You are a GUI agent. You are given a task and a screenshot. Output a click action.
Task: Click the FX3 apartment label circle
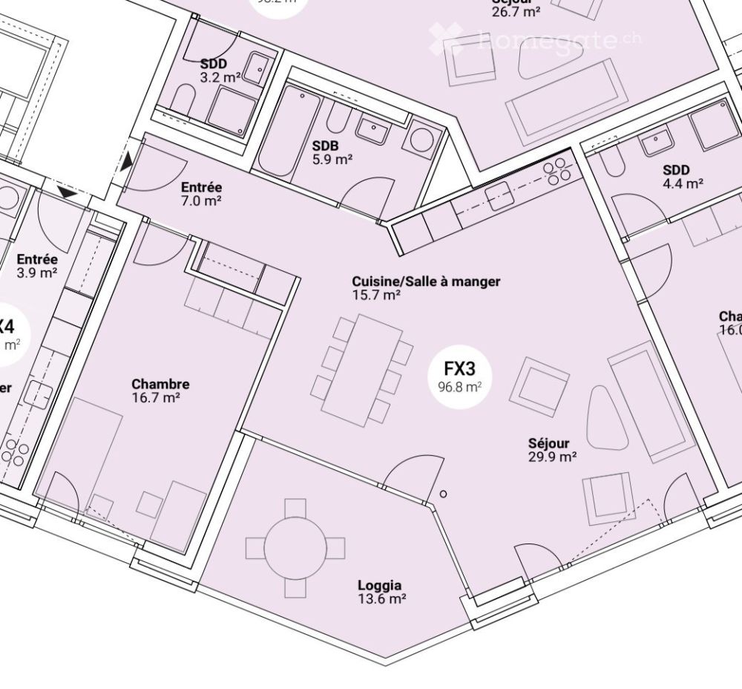tap(459, 376)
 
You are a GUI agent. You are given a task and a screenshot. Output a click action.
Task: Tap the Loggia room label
tap(381, 592)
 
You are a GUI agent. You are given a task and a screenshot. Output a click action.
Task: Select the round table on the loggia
tap(295, 548)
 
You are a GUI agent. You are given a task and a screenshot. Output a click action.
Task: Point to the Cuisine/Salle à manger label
tap(425, 287)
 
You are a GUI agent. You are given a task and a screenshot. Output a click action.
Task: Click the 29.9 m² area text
tap(553, 457)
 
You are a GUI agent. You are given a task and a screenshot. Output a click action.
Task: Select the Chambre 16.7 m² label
tap(160, 391)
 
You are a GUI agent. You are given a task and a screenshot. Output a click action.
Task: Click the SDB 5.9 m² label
tap(331, 151)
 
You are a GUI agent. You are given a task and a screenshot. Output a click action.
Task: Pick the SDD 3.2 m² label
tap(217, 71)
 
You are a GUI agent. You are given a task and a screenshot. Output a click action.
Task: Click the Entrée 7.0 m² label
tap(200, 194)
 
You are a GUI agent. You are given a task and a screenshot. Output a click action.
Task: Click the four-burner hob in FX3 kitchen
tap(557, 172)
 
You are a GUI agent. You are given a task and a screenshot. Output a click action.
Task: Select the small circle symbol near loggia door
tap(444, 494)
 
